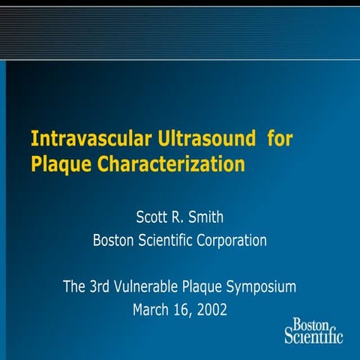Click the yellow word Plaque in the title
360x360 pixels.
click(58, 164)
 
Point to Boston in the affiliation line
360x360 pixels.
click(112, 241)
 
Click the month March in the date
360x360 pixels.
click(151, 308)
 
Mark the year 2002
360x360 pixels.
click(211, 308)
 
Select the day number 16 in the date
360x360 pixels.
click(182, 308)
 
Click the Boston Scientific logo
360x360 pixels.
click(313, 330)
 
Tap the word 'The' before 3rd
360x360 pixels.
click(76, 286)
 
